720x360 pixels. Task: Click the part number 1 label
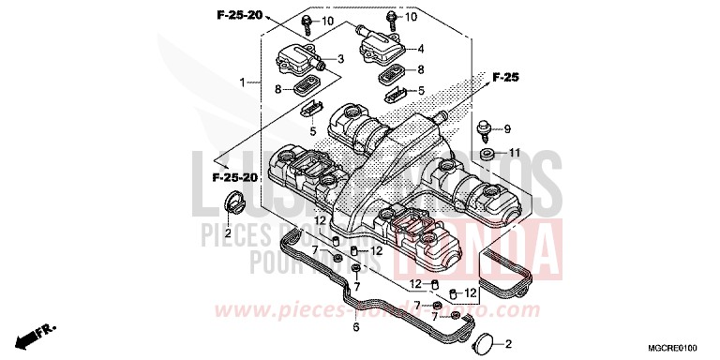242,82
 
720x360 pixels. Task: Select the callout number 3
340,59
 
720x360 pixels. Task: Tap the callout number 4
421,49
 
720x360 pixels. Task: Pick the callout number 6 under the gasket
356,328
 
